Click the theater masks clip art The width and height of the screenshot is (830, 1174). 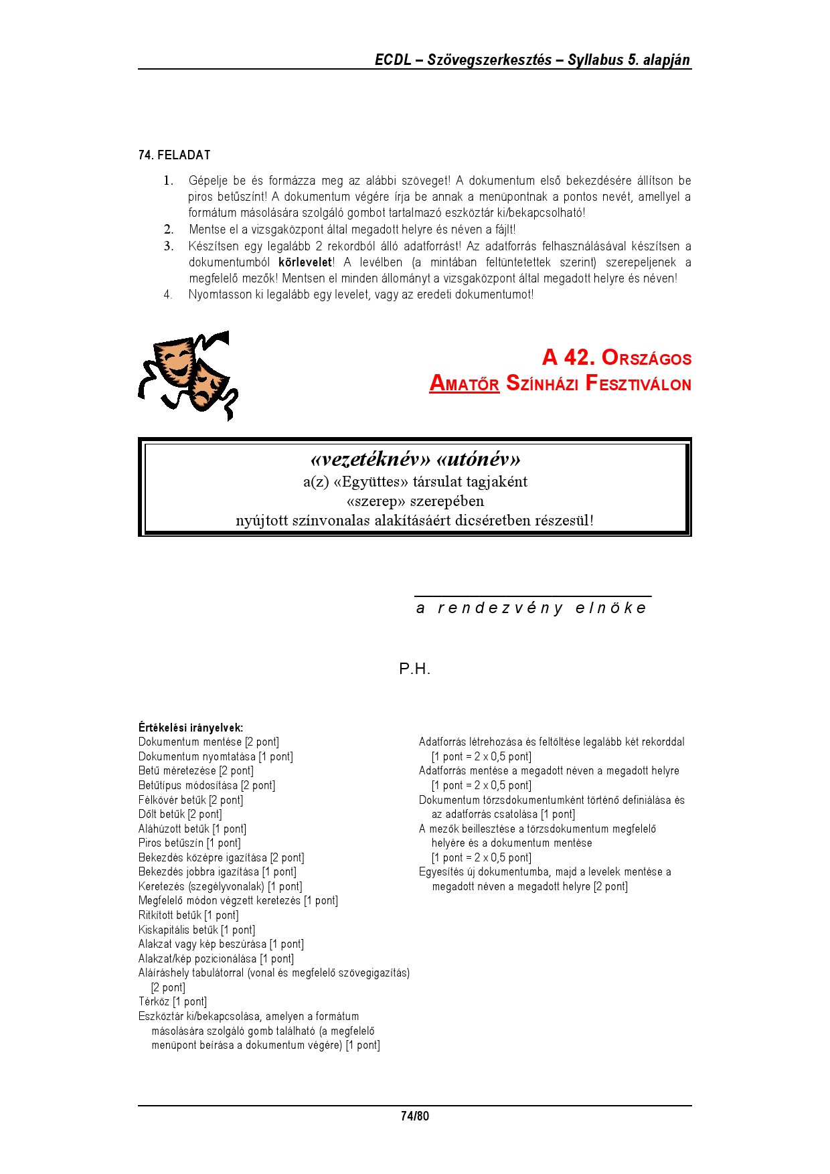click(x=187, y=375)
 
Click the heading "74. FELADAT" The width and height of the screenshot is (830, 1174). click(x=175, y=155)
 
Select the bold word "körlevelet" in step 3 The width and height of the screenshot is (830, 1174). click(x=305, y=262)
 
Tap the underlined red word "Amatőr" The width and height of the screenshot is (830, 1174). click(x=465, y=384)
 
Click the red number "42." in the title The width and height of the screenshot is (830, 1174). click(x=579, y=357)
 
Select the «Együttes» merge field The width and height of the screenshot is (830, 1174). click(x=371, y=482)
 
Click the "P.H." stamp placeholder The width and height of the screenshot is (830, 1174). click(x=414, y=669)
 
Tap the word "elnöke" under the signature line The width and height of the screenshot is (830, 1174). click(x=611, y=608)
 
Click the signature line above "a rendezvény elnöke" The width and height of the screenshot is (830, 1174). click(x=533, y=596)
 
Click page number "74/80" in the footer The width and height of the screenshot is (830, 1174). click(x=415, y=1116)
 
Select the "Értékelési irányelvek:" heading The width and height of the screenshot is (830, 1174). click(x=191, y=728)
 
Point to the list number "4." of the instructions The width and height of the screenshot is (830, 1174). click(x=168, y=295)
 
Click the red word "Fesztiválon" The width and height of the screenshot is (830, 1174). click(x=638, y=384)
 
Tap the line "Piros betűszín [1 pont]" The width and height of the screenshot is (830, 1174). click(x=189, y=843)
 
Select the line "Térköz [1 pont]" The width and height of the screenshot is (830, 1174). click(x=173, y=1002)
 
